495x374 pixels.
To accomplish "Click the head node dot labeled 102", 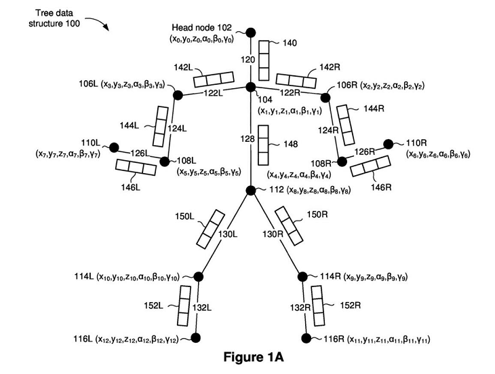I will tap(250, 32).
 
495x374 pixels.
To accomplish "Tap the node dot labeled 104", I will tap(250, 87).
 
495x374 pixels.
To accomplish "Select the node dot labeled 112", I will tap(250, 191).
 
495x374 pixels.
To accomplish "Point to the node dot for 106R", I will tap(325, 98).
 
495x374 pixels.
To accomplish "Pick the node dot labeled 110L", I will tap(113, 147).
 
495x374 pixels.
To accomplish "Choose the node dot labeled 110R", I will tap(388, 144).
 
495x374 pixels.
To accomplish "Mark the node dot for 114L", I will tap(199, 276).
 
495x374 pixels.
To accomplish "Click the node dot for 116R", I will tap(306, 337).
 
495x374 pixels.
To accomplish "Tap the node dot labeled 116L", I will tap(197, 337).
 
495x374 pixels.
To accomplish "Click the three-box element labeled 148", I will tap(265, 147).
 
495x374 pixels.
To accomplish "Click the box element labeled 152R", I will tap(317, 306).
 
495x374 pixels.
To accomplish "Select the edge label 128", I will tap(249, 138).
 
